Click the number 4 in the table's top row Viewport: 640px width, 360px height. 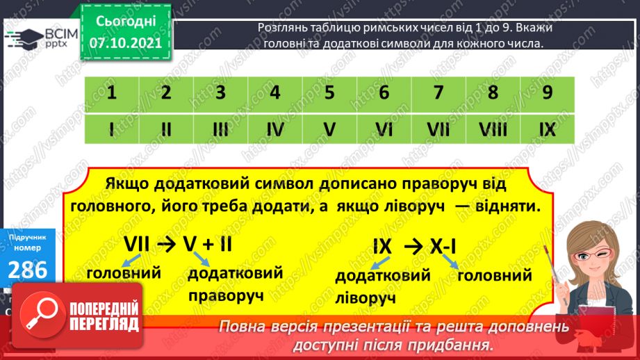point(274,93)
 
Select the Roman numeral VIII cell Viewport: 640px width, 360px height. point(493,129)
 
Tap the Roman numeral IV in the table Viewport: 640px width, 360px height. point(274,129)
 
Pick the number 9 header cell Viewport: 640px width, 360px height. point(547,93)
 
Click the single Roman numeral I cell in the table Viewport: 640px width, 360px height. point(111,129)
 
